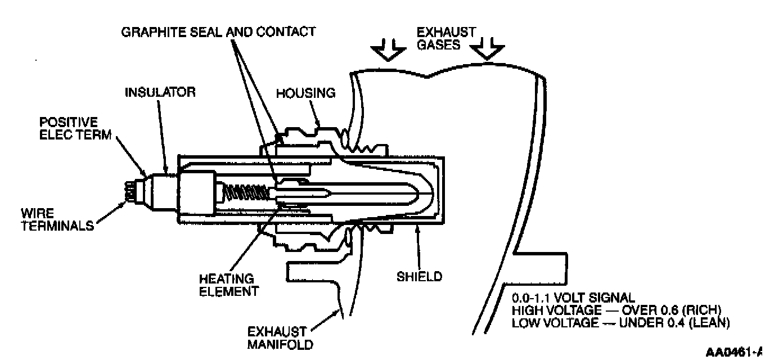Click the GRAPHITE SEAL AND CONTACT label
(218, 31)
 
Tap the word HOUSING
(305, 93)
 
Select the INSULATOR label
(160, 92)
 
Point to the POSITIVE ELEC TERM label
(68, 128)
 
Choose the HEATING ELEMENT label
(226, 285)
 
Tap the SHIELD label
(419, 276)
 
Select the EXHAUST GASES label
(446, 38)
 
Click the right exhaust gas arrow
(487, 51)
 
